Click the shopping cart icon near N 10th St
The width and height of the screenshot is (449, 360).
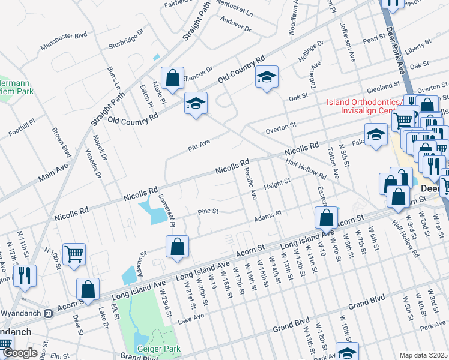tap(74, 254)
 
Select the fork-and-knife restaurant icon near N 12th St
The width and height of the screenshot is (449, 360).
tap(25, 275)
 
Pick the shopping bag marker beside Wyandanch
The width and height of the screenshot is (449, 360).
tap(88, 289)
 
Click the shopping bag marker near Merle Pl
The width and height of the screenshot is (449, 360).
tap(172, 78)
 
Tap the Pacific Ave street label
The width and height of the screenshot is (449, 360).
tap(252, 184)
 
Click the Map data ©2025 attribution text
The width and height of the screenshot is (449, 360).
tap(423, 355)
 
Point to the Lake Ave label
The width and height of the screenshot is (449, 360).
tap(191, 316)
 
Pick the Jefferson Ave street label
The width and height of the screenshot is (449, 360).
tap(347, 36)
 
